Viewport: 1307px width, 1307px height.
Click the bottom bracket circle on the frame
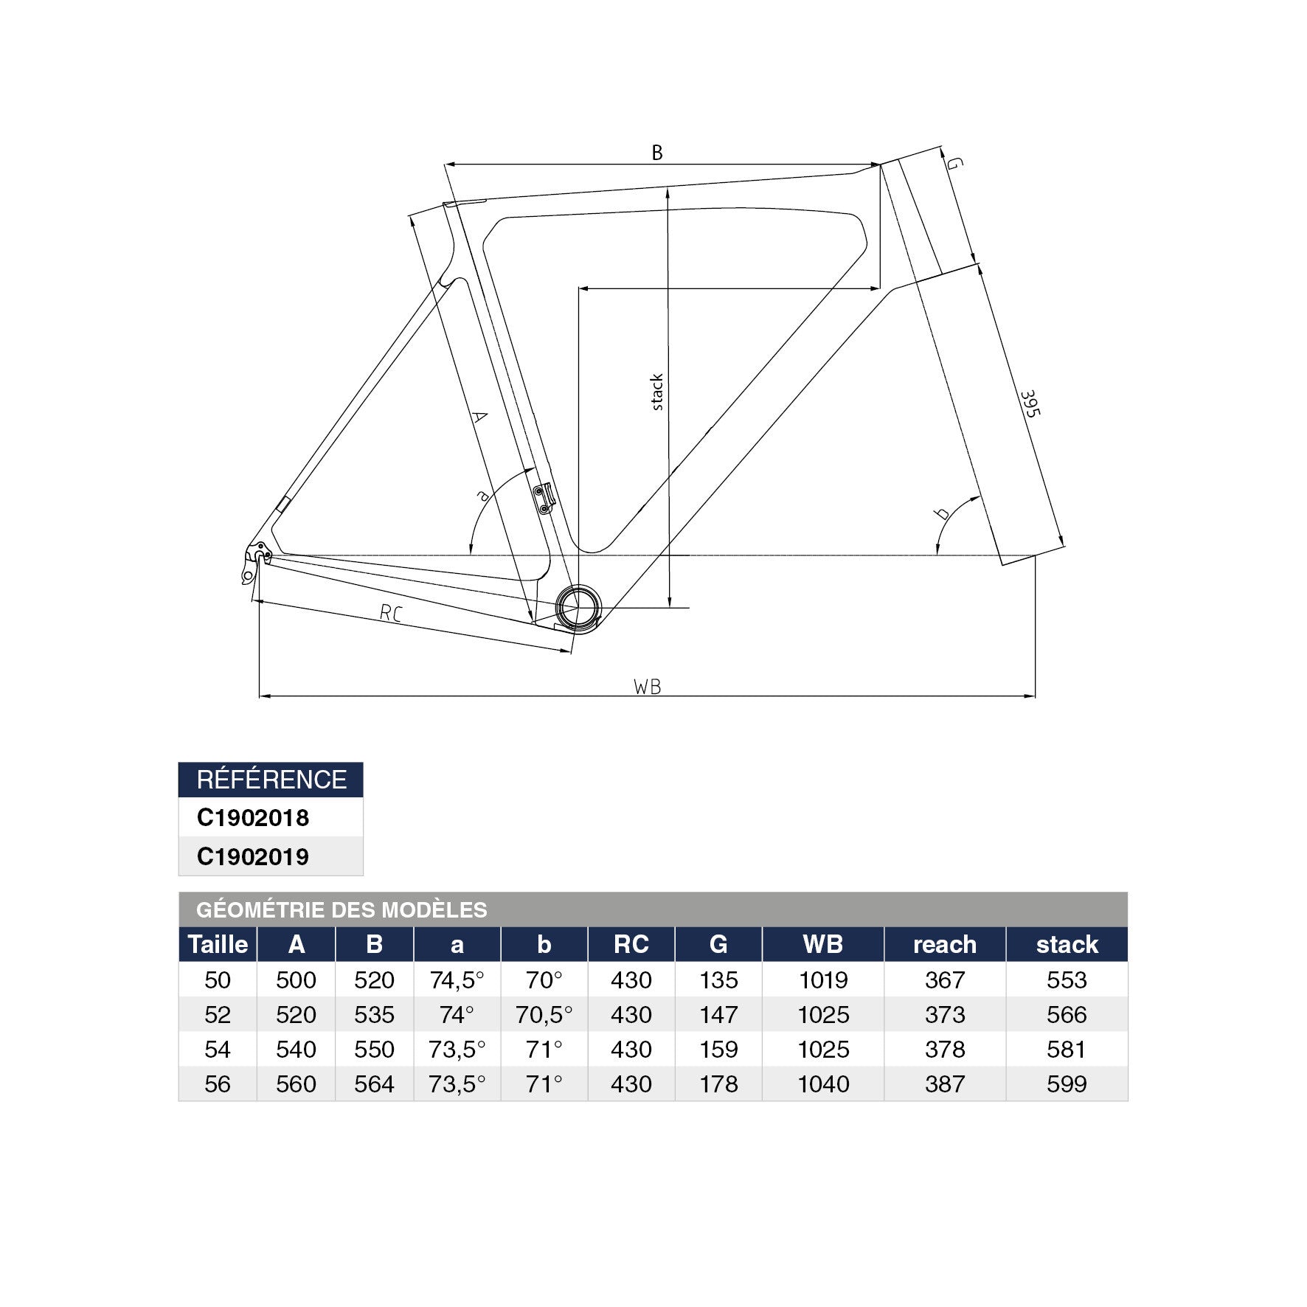(x=578, y=607)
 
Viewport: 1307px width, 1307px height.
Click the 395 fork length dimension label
(x=1030, y=403)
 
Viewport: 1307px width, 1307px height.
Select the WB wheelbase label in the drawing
(x=648, y=687)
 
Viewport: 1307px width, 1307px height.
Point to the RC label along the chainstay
(x=390, y=612)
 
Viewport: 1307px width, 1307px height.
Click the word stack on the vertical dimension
(x=656, y=392)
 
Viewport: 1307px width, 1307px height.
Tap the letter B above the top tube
(x=656, y=153)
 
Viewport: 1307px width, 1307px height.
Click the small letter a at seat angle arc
(x=483, y=496)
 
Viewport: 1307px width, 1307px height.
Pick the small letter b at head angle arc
(x=942, y=513)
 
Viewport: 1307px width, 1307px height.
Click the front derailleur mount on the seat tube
(x=544, y=497)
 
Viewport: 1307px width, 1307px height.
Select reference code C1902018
(x=253, y=817)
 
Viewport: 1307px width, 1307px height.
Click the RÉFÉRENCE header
(x=271, y=780)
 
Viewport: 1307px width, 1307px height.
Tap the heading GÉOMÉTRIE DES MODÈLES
(x=342, y=909)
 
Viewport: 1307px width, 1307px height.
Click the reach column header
(x=944, y=944)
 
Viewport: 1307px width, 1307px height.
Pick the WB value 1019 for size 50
(x=822, y=980)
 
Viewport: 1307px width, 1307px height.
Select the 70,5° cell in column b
(x=544, y=1014)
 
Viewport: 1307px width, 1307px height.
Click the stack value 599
(x=1066, y=1084)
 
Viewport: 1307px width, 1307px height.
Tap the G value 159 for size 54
(x=718, y=1049)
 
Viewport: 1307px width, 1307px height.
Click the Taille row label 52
(x=218, y=1014)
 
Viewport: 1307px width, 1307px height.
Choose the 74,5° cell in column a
(x=457, y=980)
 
